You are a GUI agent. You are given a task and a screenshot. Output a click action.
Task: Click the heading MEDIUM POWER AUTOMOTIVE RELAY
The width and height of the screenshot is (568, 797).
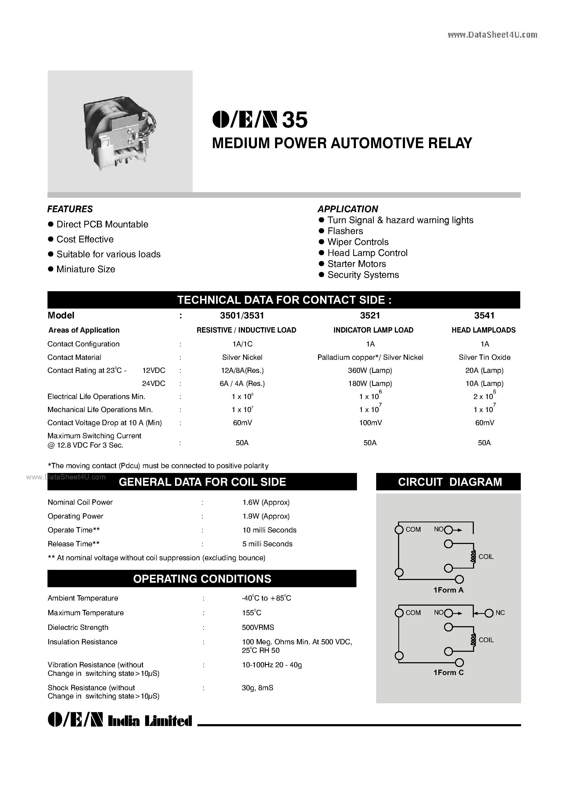342,143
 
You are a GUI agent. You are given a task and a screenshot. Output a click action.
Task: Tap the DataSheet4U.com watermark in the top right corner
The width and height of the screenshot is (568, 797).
492,35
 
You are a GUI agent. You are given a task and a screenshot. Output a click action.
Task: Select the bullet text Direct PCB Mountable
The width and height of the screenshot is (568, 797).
102,224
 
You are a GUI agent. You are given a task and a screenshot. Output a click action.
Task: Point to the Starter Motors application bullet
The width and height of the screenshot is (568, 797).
356,264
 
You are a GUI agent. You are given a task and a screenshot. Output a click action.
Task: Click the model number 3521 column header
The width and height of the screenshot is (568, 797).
370,315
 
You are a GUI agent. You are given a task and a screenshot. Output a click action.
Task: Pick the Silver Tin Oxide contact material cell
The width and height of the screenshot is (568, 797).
484,357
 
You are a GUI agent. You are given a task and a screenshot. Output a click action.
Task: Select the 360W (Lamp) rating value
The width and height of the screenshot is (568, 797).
370,370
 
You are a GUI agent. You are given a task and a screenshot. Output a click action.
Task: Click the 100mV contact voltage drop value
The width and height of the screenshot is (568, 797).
370,423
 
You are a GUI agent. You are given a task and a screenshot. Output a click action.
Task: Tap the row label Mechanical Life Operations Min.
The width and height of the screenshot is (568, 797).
100,409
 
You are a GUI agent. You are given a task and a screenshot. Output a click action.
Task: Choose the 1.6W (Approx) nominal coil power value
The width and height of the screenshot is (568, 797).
266,502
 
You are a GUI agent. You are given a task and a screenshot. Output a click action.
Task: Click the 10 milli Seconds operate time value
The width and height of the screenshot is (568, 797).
269,530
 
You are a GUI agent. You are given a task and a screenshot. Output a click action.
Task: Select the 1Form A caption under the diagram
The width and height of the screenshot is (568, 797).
448,590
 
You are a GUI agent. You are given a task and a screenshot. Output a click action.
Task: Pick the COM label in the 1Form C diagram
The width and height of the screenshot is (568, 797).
413,613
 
